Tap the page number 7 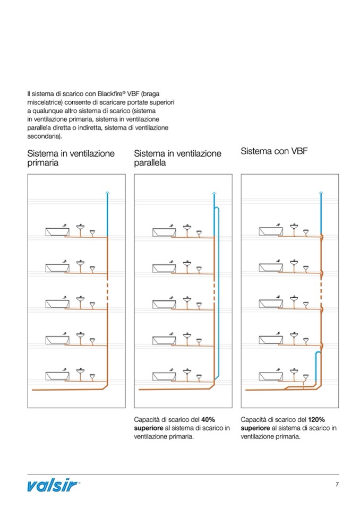[337, 484]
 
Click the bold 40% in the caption [208, 419]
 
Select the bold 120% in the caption [316, 419]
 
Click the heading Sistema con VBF [274, 151]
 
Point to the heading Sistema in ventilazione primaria [71, 158]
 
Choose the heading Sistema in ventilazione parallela [177, 158]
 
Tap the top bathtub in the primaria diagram [55, 232]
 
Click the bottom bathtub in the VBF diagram [269, 376]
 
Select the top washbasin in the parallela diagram [187, 229]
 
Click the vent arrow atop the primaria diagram [107, 193]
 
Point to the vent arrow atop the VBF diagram [321, 193]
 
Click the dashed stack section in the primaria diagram [107, 290]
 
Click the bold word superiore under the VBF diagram [255, 428]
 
